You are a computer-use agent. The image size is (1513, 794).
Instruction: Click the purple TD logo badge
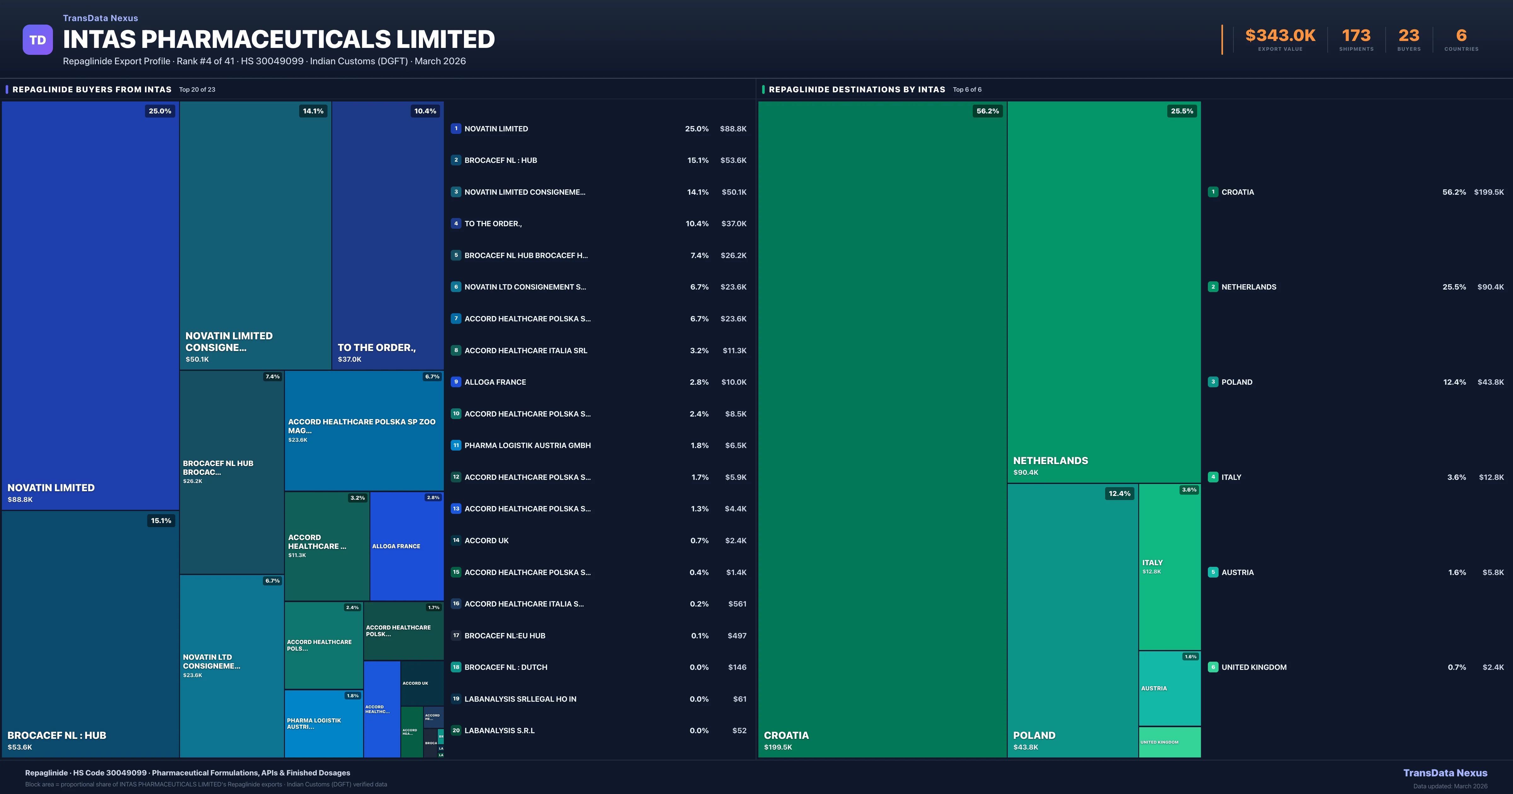pyautogui.click(x=38, y=40)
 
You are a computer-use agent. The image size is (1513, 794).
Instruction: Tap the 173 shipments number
pyautogui.click(x=1356, y=36)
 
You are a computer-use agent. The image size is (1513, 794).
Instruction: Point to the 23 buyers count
pyautogui.click(x=1408, y=36)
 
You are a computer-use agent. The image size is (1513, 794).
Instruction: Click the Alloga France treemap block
pyautogui.click(x=406, y=546)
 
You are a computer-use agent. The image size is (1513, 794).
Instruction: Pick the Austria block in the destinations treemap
pyautogui.click(x=1169, y=688)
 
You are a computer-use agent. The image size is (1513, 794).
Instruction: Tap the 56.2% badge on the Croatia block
pyautogui.click(x=987, y=111)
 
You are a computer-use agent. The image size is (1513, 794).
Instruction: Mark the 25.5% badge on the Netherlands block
pyautogui.click(x=1182, y=111)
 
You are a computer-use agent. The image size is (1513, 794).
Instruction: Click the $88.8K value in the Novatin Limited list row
pyautogui.click(x=733, y=129)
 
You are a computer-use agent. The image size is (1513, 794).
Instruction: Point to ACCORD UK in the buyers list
pyautogui.click(x=486, y=540)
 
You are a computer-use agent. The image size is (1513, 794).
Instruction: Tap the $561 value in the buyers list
pyautogui.click(x=737, y=604)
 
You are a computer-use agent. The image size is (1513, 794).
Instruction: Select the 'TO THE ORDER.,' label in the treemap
pyautogui.click(x=376, y=348)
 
